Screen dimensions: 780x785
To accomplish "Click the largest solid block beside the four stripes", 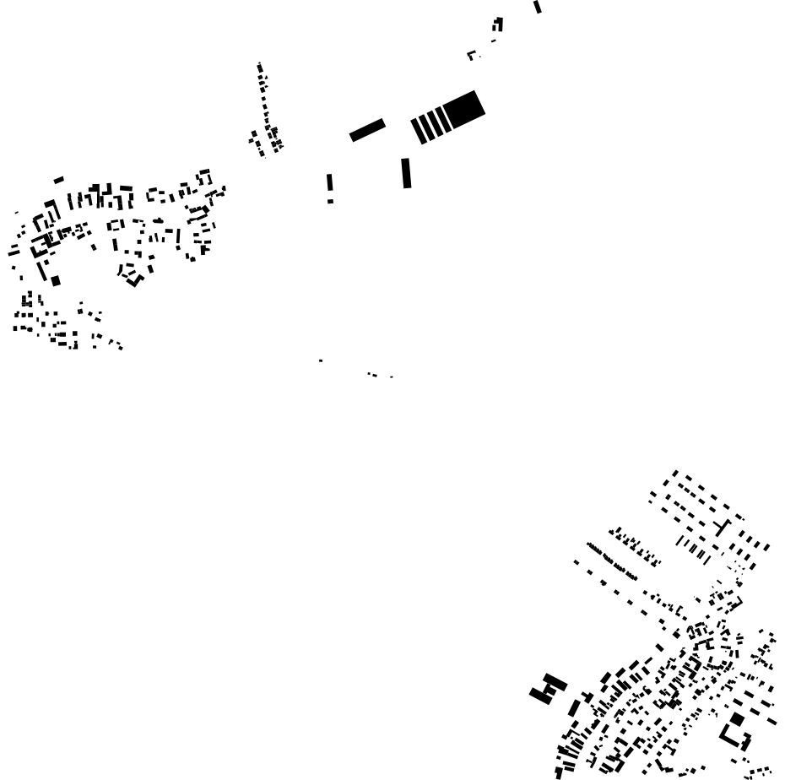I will [x=464, y=109].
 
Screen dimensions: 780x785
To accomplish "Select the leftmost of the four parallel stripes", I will [x=419, y=131].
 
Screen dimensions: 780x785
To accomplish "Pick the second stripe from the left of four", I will [x=427, y=127].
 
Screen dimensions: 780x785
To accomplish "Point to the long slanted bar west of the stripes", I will [x=367, y=130].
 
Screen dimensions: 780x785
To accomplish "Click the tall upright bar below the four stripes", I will [x=406, y=172].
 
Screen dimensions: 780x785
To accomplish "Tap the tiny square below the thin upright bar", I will [x=330, y=201].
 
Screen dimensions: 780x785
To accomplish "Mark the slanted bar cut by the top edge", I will [x=538, y=7].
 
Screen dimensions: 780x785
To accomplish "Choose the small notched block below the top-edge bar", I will [x=498, y=24].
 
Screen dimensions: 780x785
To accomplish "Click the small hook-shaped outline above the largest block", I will [x=472, y=56].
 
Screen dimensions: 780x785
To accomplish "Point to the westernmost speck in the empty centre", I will [x=321, y=360].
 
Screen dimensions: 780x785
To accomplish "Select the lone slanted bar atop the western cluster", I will [x=58, y=180].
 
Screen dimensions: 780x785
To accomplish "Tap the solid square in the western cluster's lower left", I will [x=56, y=280].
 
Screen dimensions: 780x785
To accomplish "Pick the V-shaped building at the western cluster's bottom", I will [x=132, y=279].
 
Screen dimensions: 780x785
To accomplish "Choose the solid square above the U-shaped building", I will [x=737, y=719].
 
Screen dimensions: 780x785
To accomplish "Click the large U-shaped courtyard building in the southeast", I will [x=735, y=739].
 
